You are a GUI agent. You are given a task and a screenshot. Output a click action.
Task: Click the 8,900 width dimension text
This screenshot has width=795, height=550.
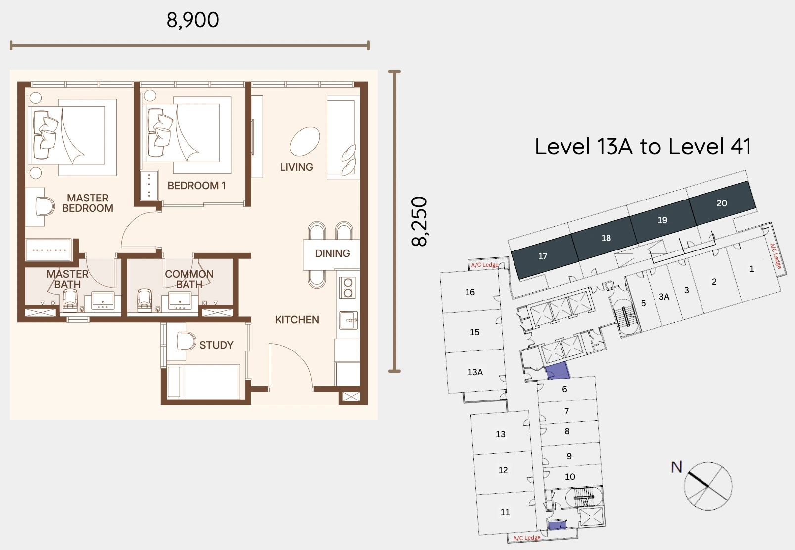coord(192,20)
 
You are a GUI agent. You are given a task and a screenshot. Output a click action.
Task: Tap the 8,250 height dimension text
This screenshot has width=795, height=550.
coord(420,221)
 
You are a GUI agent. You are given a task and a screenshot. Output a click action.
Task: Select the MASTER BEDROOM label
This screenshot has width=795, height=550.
coord(88,203)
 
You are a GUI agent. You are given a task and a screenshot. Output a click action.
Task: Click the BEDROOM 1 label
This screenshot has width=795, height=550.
coord(196,186)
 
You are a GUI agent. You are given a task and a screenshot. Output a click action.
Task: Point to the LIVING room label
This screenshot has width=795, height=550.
coord(296,167)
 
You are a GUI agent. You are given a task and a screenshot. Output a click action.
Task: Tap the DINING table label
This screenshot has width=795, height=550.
coord(332,253)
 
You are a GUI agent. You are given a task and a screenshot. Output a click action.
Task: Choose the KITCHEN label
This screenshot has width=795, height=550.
coord(297,320)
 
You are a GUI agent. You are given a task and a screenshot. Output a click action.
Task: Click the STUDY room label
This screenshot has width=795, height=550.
coord(216,345)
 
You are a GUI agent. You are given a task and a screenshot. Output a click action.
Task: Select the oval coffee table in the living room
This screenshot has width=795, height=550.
coord(305,141)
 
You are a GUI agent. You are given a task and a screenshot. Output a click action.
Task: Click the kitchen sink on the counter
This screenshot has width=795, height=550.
coord(349,320)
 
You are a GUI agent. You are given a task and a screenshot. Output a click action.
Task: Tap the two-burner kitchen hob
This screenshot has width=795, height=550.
coord(348,288)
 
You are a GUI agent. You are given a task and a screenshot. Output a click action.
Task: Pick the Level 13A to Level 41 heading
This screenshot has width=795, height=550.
coord(643,147)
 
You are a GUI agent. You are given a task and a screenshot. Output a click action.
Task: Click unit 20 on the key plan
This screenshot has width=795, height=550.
coord(722,203)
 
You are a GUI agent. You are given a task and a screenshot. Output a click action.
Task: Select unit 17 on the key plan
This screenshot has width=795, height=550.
coord(543,256)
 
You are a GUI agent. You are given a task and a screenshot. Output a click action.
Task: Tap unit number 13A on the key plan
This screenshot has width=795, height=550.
coord(475,372)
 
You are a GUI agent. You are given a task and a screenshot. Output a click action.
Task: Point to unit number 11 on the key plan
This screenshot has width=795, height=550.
coord(505,512)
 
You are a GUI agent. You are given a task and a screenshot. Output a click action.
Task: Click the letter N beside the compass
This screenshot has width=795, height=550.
coord(676,467)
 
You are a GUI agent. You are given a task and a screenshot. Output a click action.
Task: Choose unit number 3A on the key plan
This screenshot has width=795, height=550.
coord(664,297)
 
